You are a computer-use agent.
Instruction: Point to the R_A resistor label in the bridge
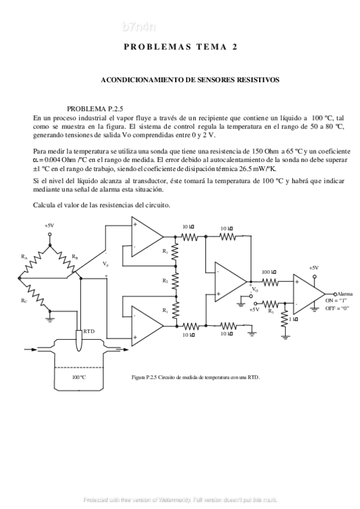24,256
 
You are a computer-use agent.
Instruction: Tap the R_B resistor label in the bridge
74,256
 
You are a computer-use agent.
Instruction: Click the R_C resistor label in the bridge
23,300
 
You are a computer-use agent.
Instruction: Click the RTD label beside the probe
89,331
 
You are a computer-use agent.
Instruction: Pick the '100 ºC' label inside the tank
79,377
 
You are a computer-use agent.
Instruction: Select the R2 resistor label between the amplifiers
165,280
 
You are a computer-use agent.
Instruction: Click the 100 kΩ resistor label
269,272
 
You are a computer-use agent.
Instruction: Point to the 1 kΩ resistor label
293,319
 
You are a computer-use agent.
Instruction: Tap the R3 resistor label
271,310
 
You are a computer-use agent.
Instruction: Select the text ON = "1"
332,300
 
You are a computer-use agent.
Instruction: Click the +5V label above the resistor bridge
49,226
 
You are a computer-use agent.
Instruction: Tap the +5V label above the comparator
313,268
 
